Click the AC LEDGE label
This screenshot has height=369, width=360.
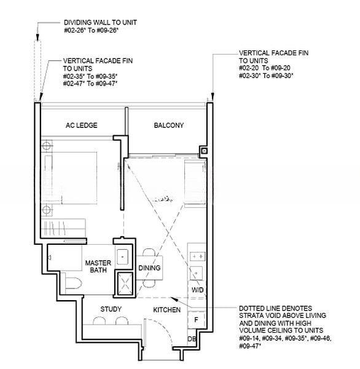[x=81, y=125]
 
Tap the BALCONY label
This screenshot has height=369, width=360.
[x=168, y=125]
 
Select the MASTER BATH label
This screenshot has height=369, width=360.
[x=98, y=266]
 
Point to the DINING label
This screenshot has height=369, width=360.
[x=149, y=268]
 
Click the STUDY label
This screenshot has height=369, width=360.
[x=111, y=309]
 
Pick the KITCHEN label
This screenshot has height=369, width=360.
[x=166, y=310]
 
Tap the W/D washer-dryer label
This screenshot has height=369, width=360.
[x=197, y=290]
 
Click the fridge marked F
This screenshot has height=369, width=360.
[x=197, y=320]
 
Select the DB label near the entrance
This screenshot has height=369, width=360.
[x=192, y=339]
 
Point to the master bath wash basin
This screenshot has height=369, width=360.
[x=122, y=256]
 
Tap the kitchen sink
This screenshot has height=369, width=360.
[x=196, y=273]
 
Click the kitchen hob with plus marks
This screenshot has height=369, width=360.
[x=198, y=256]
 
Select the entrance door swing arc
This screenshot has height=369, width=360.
[x=165, y=325]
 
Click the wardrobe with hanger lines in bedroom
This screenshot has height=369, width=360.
[x=63, y=228]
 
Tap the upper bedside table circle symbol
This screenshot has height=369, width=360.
[x=47, y=146]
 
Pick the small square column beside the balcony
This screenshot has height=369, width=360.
[x=204, y=151]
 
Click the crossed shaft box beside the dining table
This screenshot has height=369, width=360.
[x=125, y=284]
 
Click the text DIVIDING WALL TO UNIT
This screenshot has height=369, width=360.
[x=100, y=22]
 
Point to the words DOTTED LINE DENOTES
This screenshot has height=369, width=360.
[x=276, y=308]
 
